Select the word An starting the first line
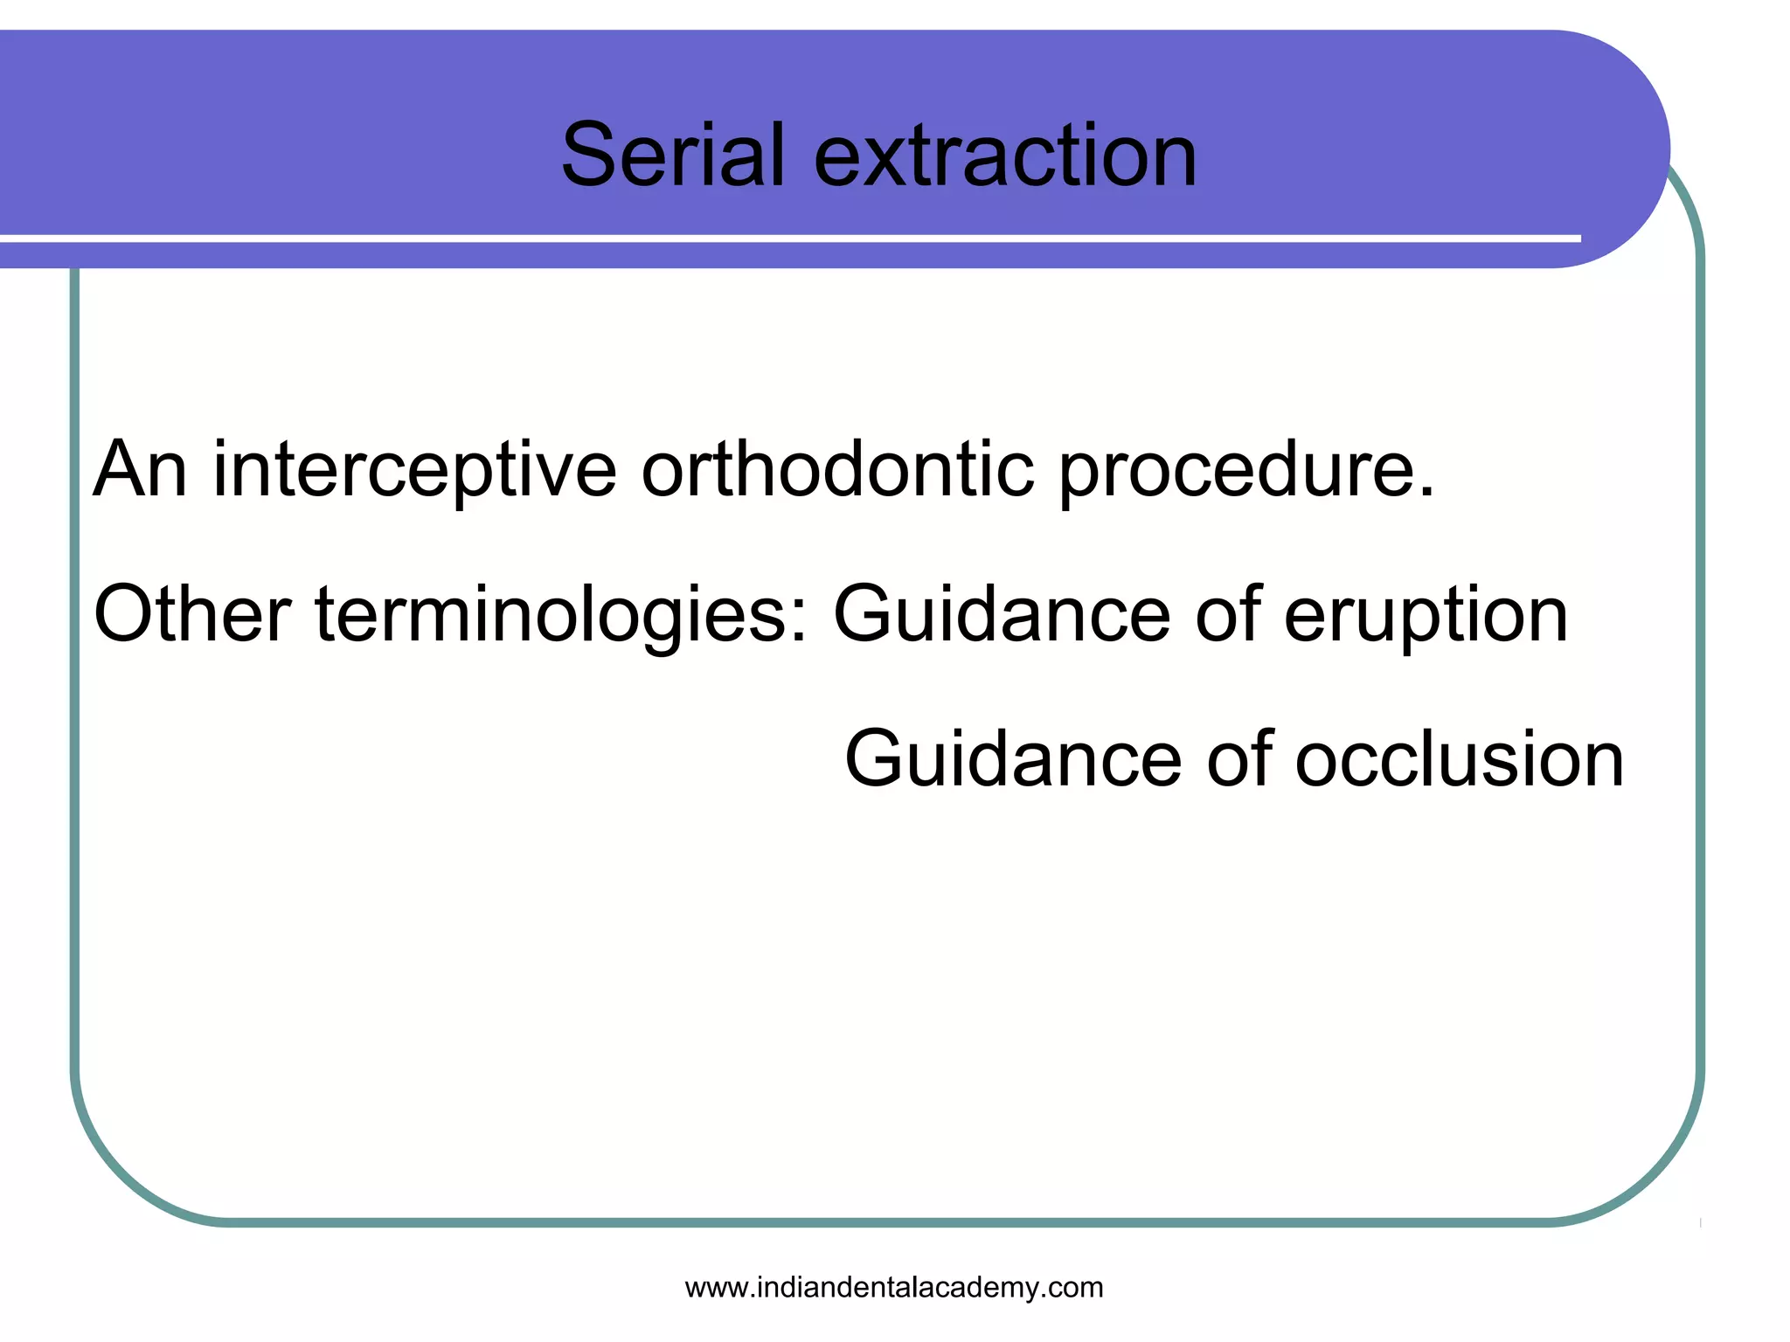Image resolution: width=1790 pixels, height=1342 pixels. tap(140, 470)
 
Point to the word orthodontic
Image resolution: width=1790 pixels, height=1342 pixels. tap(837, 470)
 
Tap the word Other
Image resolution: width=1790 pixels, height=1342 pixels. tap(191, 614)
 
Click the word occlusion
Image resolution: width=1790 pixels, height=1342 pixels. tap(1459, 758)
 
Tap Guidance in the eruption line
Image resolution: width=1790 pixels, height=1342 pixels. tap(1002, 614)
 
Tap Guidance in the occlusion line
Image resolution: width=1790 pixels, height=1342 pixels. tap(1013, 758)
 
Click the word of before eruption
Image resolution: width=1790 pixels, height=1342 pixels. tap(1228, 614)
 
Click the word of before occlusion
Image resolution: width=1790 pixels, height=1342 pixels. tap(1239, 758)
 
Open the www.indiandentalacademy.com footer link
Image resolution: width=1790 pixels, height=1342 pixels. tap(893, 1288)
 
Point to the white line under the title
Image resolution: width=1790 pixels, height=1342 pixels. tap(787, 238)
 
